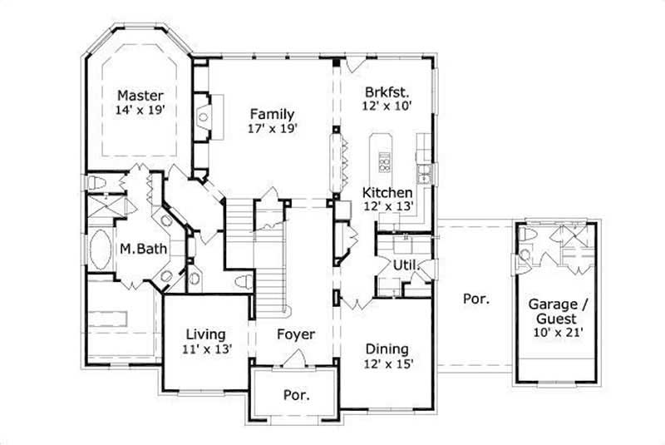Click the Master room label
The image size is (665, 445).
(140, 95)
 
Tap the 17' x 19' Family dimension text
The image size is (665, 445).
(272, 129)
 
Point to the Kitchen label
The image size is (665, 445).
(387, 192)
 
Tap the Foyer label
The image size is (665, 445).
(296, 334)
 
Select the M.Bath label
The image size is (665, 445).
(139, 248)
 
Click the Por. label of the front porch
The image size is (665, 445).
(297, 395)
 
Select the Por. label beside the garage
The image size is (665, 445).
(476, 297)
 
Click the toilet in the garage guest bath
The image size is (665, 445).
(525, 235)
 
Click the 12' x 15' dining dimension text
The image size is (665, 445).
(387, 363)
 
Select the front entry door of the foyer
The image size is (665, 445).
(294, 359)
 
